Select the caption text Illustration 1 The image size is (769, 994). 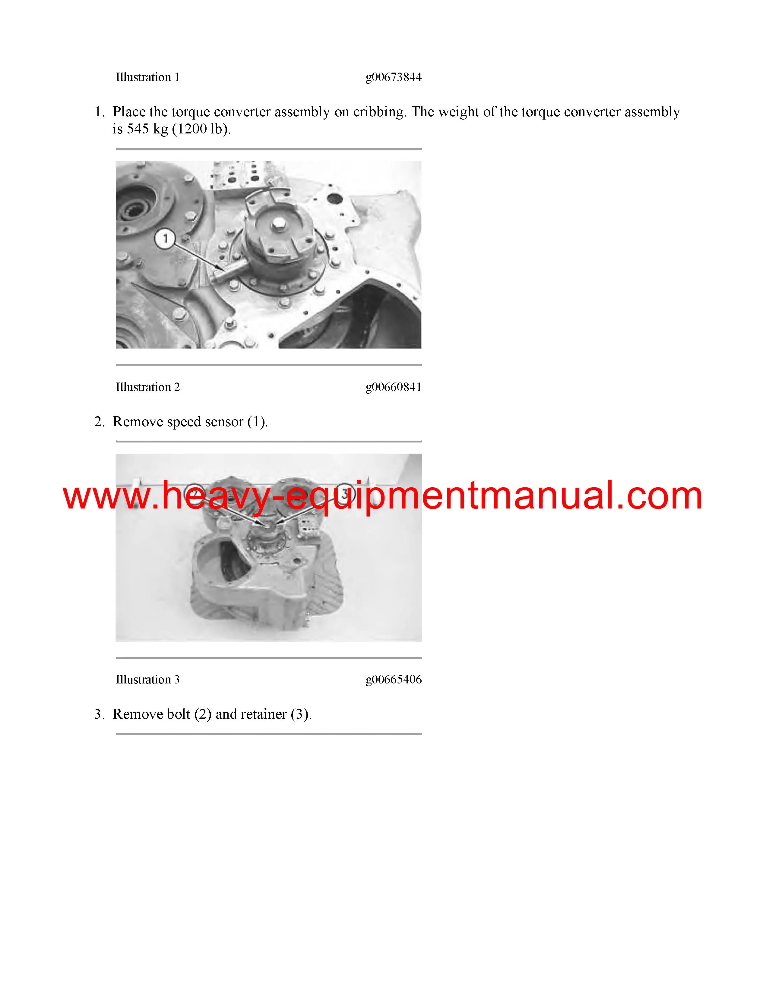click(147, 77)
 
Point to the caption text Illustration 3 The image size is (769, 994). click(147, 680)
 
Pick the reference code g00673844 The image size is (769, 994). click(394, 77)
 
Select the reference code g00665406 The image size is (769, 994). click(394, 680)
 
